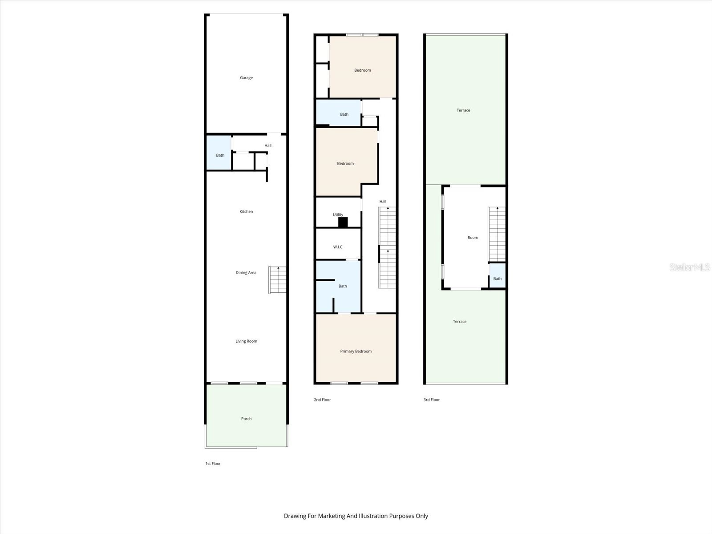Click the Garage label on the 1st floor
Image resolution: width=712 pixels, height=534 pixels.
tap(246, 78)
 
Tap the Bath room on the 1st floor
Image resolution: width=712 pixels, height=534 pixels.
tap(220, 155)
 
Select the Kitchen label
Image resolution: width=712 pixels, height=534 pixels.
tap(246, 212)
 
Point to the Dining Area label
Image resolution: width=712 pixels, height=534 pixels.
tap(246, 273)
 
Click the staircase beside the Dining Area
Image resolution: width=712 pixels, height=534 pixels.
tap(278, 280)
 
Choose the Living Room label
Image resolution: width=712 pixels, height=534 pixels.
tap(246, 341)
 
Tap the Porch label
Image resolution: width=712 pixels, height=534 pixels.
tap(246, 419)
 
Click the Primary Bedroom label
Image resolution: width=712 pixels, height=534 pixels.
tap(356, 352)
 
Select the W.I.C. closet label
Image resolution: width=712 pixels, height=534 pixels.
tap(338, 247)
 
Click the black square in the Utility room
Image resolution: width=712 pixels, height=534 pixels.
tap(343, 222)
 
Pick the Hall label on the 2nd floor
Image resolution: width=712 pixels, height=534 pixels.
tap(383, 202)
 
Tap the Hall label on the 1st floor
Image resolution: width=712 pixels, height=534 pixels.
tap(268, 146)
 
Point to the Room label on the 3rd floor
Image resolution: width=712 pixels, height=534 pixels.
tap(473, 238)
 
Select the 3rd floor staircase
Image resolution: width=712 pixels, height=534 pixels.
tap(497, 234)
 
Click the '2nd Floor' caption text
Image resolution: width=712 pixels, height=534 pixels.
tap(322, 400)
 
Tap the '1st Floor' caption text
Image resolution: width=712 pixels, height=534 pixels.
tap(213, 464)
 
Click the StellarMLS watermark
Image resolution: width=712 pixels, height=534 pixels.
tap(690, 267)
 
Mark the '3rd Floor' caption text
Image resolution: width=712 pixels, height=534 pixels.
tap(431, 400)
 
